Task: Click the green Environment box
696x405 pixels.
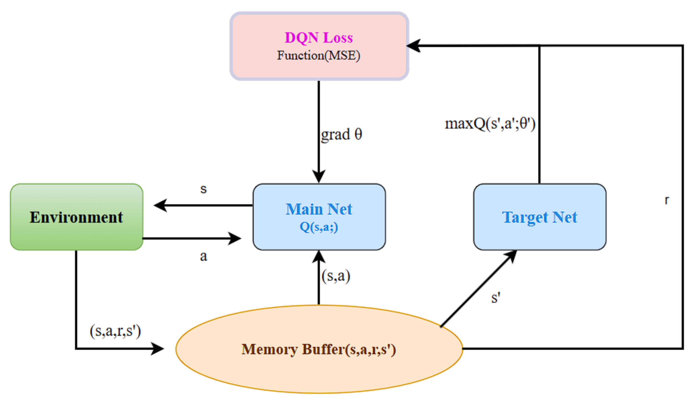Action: [77, 217]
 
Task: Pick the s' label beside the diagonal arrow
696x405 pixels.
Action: [496, 298]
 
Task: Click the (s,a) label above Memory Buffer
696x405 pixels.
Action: [336, 276]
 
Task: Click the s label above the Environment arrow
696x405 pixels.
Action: [203, 189]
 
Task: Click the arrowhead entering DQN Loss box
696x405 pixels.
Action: [413, 45]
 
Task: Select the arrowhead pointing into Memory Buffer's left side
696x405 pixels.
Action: [158, 349]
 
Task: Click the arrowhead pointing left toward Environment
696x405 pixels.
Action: [160, 205]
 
